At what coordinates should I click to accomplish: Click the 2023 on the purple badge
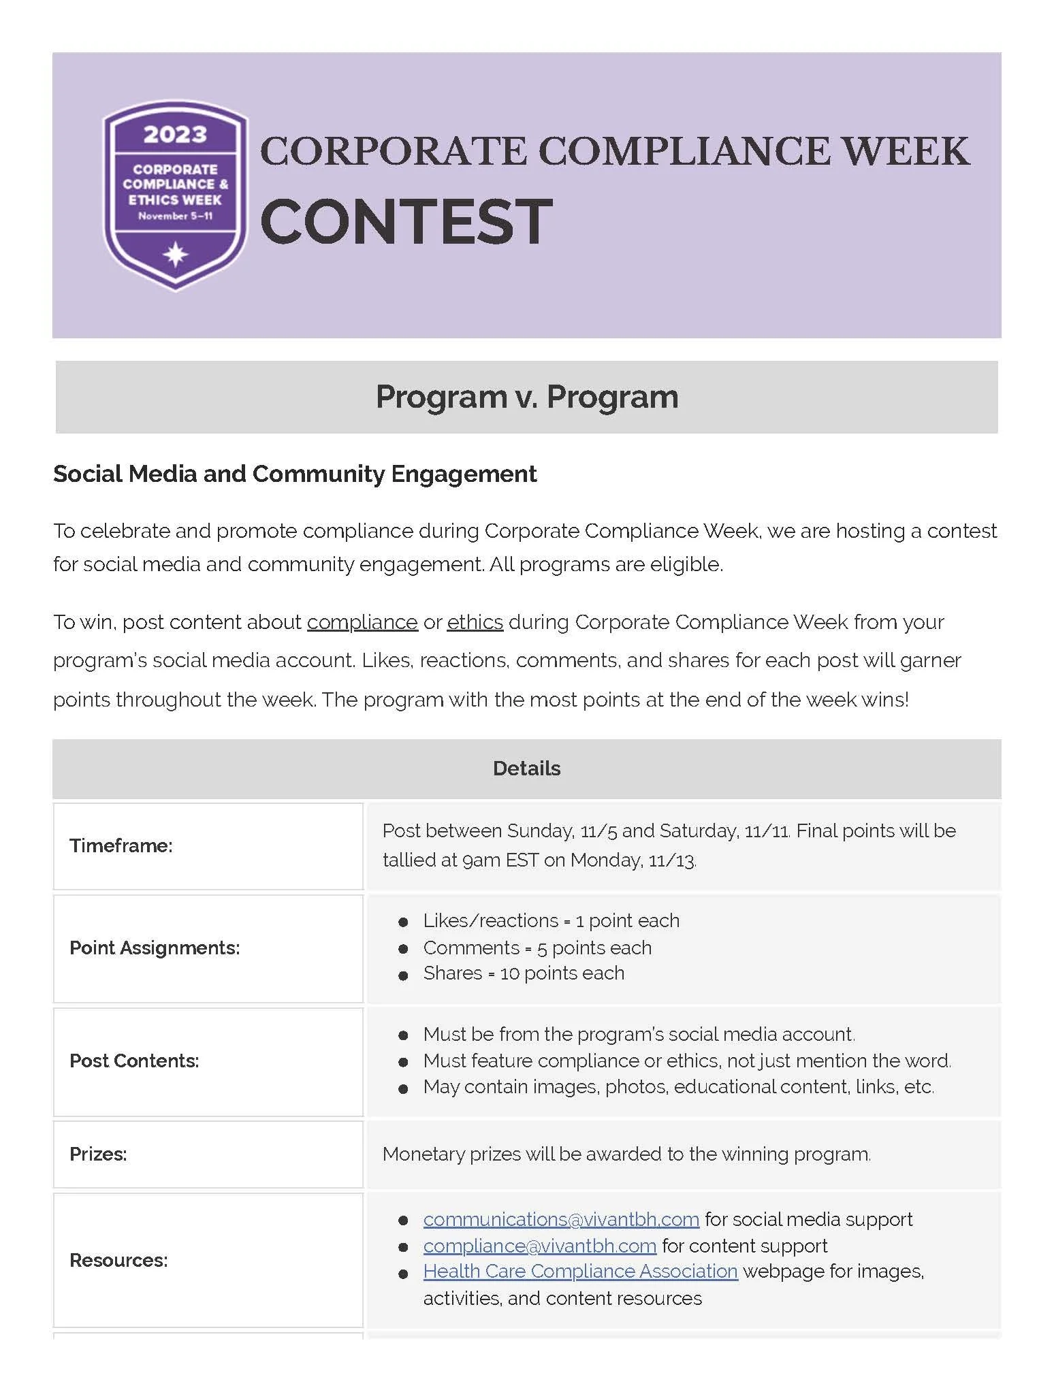tap(175, 135)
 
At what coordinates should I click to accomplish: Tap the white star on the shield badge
tap(176, 255)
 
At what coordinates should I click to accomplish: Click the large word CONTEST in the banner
tap(406, 222)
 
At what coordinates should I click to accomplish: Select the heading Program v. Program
tap(526, 397)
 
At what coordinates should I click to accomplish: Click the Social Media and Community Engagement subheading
tap(295, 474)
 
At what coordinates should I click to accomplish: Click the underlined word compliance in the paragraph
tap(362, 622)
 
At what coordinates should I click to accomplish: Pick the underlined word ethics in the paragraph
tap(475, 622)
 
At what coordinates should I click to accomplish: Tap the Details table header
tap(526, 769)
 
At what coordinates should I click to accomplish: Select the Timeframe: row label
tap(121, 845)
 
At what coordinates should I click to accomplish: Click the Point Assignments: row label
tap(155, 948)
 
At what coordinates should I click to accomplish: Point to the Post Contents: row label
tap(134, 1061)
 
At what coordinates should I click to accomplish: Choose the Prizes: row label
tap(98, 1154)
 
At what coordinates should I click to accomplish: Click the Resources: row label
tap(118, 1260)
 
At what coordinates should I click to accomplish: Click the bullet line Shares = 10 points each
tap(523, 973)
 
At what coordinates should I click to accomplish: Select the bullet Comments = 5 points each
tap(537, 948)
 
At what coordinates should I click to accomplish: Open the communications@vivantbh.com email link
tap(561, 1219)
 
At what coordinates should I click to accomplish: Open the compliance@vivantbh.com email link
tap(539, 1246)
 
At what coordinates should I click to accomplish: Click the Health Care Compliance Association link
tap(580, 1272)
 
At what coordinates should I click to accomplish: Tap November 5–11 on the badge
tap(176, 216)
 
